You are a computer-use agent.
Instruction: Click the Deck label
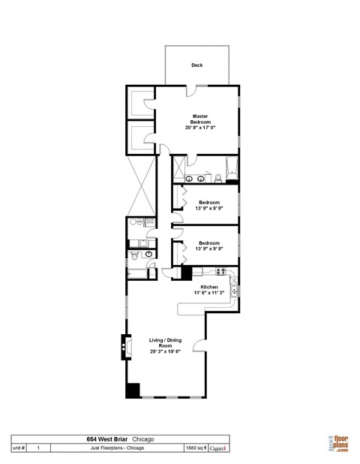tap(196, 65)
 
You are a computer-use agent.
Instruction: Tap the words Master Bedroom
tap(199, 119)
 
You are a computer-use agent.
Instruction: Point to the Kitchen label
tap(208, 287)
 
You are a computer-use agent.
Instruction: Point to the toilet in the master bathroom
tap(217, 178)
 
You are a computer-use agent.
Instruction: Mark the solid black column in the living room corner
tap(132, 390)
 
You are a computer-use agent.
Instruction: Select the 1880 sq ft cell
tap(196, 447)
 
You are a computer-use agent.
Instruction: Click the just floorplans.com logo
tap(337, 444)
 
